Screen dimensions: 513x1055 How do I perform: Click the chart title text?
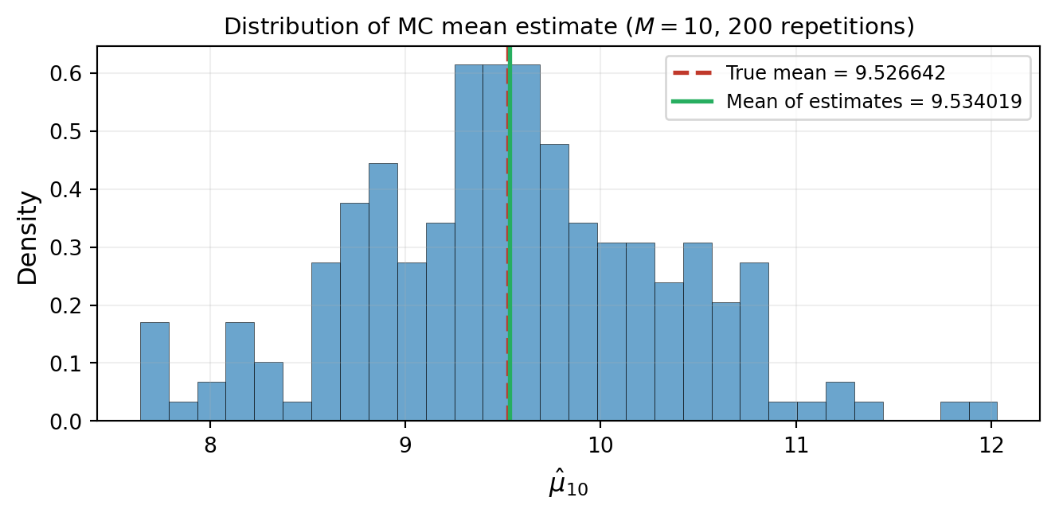tap(569, 26)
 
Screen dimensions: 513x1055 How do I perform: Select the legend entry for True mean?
tap(835, 73)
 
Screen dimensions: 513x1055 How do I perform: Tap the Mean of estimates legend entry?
tap(873, 101)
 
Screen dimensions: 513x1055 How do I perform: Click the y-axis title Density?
tap(28, 237)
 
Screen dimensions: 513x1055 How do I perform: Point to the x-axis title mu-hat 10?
tap(568, 486)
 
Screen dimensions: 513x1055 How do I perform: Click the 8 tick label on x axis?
tap(210, 444)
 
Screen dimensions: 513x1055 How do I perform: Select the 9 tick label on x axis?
tap(405, 444)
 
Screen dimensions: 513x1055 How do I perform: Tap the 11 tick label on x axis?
tap(795, 444)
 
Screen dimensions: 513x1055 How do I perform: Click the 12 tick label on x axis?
tap(991, 444)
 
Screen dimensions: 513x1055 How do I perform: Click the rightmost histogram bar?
tap(983, 411)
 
